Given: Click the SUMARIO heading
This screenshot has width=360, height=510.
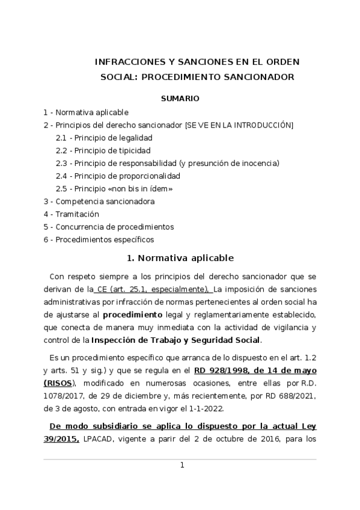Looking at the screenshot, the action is [x=180, y=97].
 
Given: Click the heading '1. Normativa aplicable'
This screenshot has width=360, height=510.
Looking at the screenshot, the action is [x=180, y=258].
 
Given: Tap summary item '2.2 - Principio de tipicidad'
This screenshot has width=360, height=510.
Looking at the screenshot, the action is [x=103, y=150].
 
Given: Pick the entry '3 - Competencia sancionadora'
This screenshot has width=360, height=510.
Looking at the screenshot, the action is [x=99, y=201].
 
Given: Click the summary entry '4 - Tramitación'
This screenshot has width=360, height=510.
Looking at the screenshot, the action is [x=71, y=214].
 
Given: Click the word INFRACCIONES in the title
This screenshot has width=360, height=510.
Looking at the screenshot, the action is [x=126, y=62].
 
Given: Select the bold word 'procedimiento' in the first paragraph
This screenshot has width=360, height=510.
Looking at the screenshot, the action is [x=132, y=315].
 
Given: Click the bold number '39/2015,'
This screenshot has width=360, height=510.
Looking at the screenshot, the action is [x=62, y=439].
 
